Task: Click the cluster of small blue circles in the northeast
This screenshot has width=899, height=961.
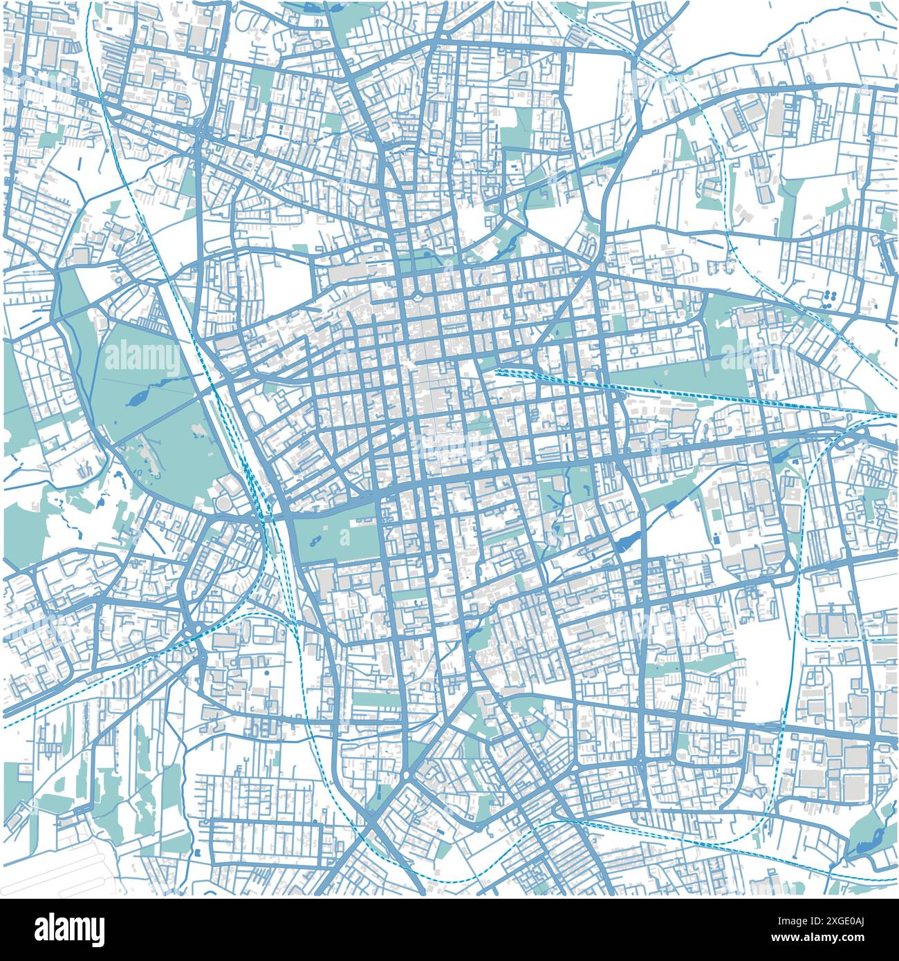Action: [x=828, y=296]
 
